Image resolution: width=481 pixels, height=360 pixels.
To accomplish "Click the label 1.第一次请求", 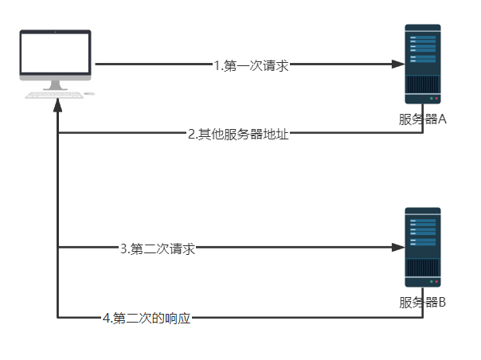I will click(250, 66).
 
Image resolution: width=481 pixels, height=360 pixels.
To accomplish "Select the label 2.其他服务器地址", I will click(237, 134).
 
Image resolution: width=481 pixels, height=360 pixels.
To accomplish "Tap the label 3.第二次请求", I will click(158, 248).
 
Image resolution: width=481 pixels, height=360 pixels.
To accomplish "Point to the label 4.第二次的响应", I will click(147, 319).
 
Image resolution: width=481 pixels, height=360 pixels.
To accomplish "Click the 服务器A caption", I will click(423, 121).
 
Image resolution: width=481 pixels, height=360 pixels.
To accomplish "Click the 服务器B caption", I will click(423, 303).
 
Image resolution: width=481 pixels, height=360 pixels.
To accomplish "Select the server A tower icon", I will click(422, 64).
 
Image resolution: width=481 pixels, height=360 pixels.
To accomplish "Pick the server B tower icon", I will click(422, 247).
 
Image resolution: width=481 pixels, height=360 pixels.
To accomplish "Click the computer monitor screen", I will click(56, 54).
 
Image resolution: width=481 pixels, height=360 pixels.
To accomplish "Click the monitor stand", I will click(55, 84).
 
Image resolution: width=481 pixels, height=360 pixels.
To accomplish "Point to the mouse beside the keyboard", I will click(89, 94).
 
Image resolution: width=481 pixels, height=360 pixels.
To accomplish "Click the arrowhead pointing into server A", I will click(398, 65).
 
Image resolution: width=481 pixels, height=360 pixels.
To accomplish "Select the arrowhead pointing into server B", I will click(398, 248).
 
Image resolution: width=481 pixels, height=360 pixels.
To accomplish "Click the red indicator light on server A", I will click(437, 98).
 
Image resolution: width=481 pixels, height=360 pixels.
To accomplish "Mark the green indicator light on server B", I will click(431, 281).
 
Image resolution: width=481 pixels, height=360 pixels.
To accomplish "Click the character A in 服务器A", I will click(442, 121).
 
